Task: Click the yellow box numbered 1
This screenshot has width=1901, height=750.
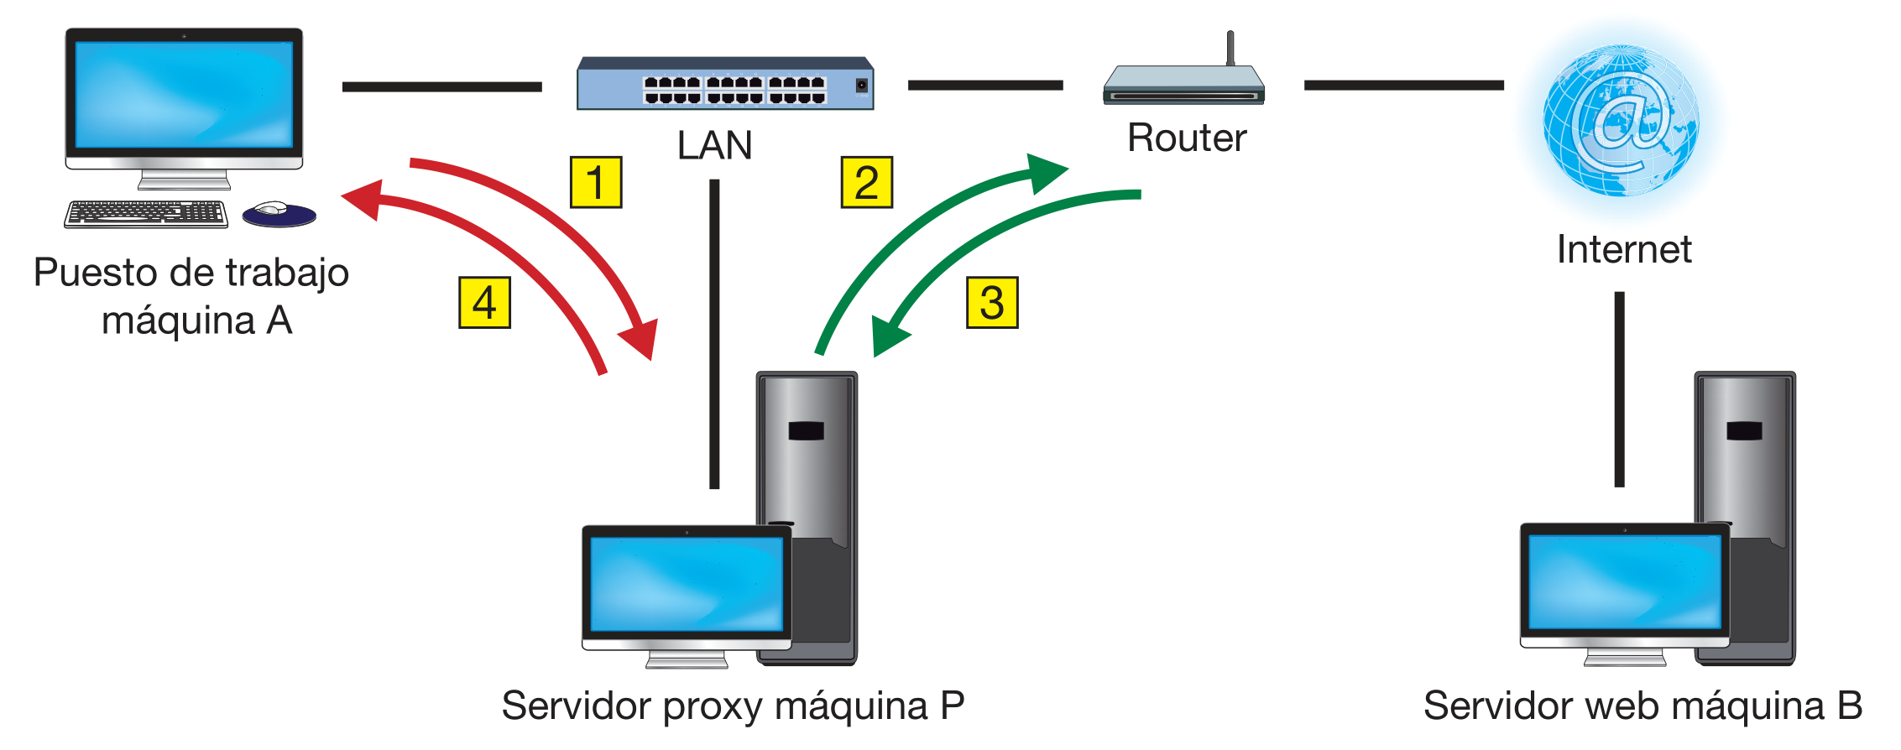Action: (x=596, y=182)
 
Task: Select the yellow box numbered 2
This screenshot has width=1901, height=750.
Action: (x=866, y=182)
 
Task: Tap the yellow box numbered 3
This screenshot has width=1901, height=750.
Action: (x=992, y=303)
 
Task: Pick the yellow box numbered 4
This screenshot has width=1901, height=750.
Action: (x=484, y=303)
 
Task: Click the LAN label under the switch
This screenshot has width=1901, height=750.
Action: (x=714, y=145)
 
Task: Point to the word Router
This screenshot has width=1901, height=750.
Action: (x=1187, y=138)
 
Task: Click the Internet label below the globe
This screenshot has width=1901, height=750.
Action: (x=1624, y=249)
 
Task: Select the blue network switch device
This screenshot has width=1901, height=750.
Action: (x=725, y=85)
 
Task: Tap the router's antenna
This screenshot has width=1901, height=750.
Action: (x=1230, y=48)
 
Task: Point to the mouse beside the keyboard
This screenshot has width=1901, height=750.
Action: (x=277, y=212)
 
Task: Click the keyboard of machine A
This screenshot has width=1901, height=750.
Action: (x=146, y=213)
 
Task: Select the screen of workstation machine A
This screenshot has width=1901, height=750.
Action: (x=184, y=94)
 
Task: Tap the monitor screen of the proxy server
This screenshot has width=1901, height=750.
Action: (x=687, y=584)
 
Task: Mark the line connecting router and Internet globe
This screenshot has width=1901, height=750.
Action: (x=1403, y=85)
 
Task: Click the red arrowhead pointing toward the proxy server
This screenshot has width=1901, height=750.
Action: (x=641, y=339)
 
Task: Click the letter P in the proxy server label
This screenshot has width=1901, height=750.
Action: (x=953, y=706)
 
